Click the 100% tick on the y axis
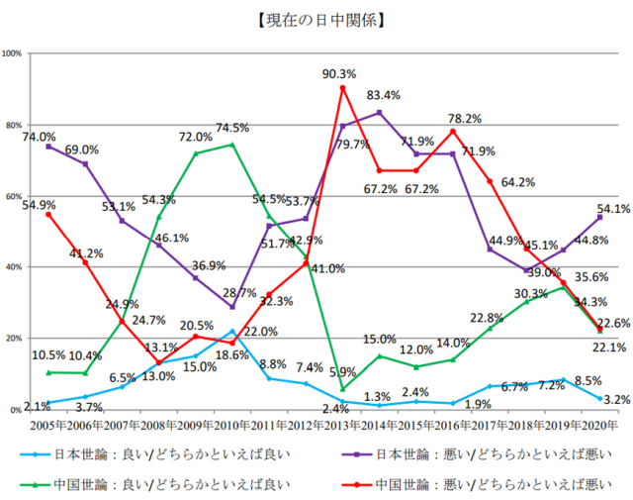pyautogui.click(x=14, y=53)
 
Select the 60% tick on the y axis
pyautogui.click(x=15, y=196)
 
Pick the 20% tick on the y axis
pyautogui.click(x=15, y=339)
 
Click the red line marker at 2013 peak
pyautogui.click(x=342, y=88)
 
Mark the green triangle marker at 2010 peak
pyautogui.click(x=232, y=145)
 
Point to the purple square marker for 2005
pyautogui.click(x=48, y=147)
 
